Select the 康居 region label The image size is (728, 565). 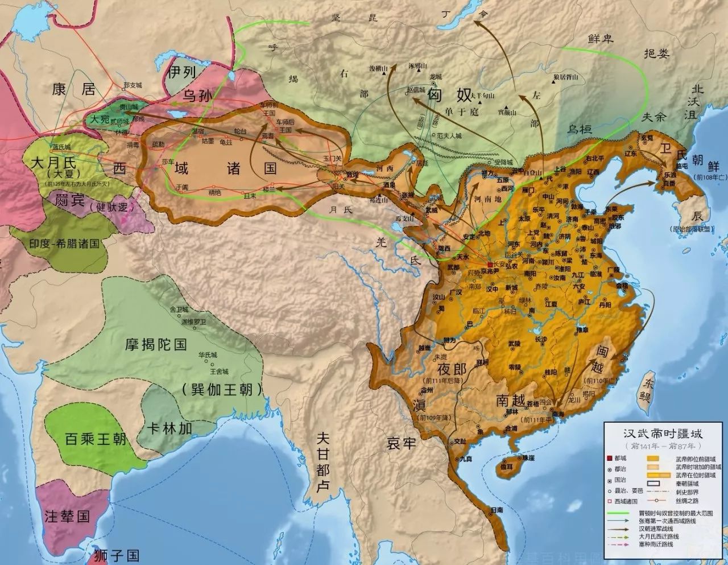coord(73,89)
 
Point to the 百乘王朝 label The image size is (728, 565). coord(88,439)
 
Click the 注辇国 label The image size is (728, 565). coord(67,516)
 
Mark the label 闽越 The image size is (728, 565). coord(604,360)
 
